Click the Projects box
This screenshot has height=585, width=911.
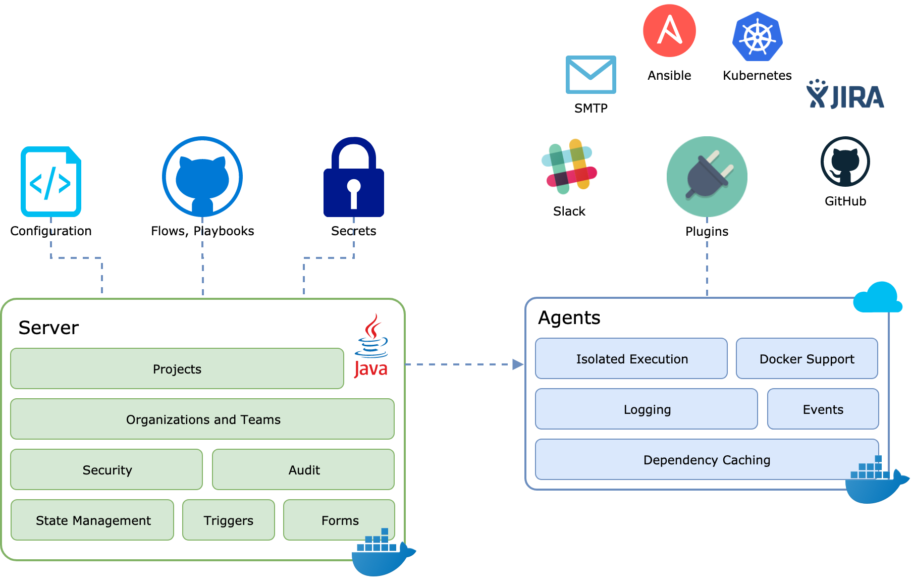pyautogui.click(x=177, y=368)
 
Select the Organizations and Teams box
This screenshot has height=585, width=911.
pyautogui.click(x=202, y=419)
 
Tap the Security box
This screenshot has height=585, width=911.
pyautogui.click(x=106, y=469)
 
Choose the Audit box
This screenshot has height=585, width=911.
pyautogui.click(x=303, y=469)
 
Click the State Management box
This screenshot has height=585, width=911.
pyautogui.click(x=92, y=520)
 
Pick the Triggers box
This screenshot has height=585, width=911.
pyautogui.click(x=229, y=520)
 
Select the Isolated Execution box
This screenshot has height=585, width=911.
pyautogui.click(x=631, y=358)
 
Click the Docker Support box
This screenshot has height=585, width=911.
pyautogui.click(x=807, y=358)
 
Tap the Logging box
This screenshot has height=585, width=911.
pyautogui.click(x=647, y=409)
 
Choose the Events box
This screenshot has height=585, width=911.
pyautogui.click(x=823, y=409)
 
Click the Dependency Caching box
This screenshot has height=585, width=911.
pyautogui.click(x=707, y=459)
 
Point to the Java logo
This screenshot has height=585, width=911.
pyautogui.click(x=371, y=346)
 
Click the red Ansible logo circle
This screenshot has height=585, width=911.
pyautogui.click(x=669, y=31)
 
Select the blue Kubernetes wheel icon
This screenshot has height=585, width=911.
pyautogui.click(x=758, y=37)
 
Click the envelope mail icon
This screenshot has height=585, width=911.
pyautogui.click(x=591, y=75)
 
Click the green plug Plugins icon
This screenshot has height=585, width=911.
pyautogui.click(x=707, y=177)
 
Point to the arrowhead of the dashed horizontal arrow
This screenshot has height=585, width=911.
pyautogui.click(x=518, y=364)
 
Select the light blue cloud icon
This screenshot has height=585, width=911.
pyautogui.click(x=877, y=298)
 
